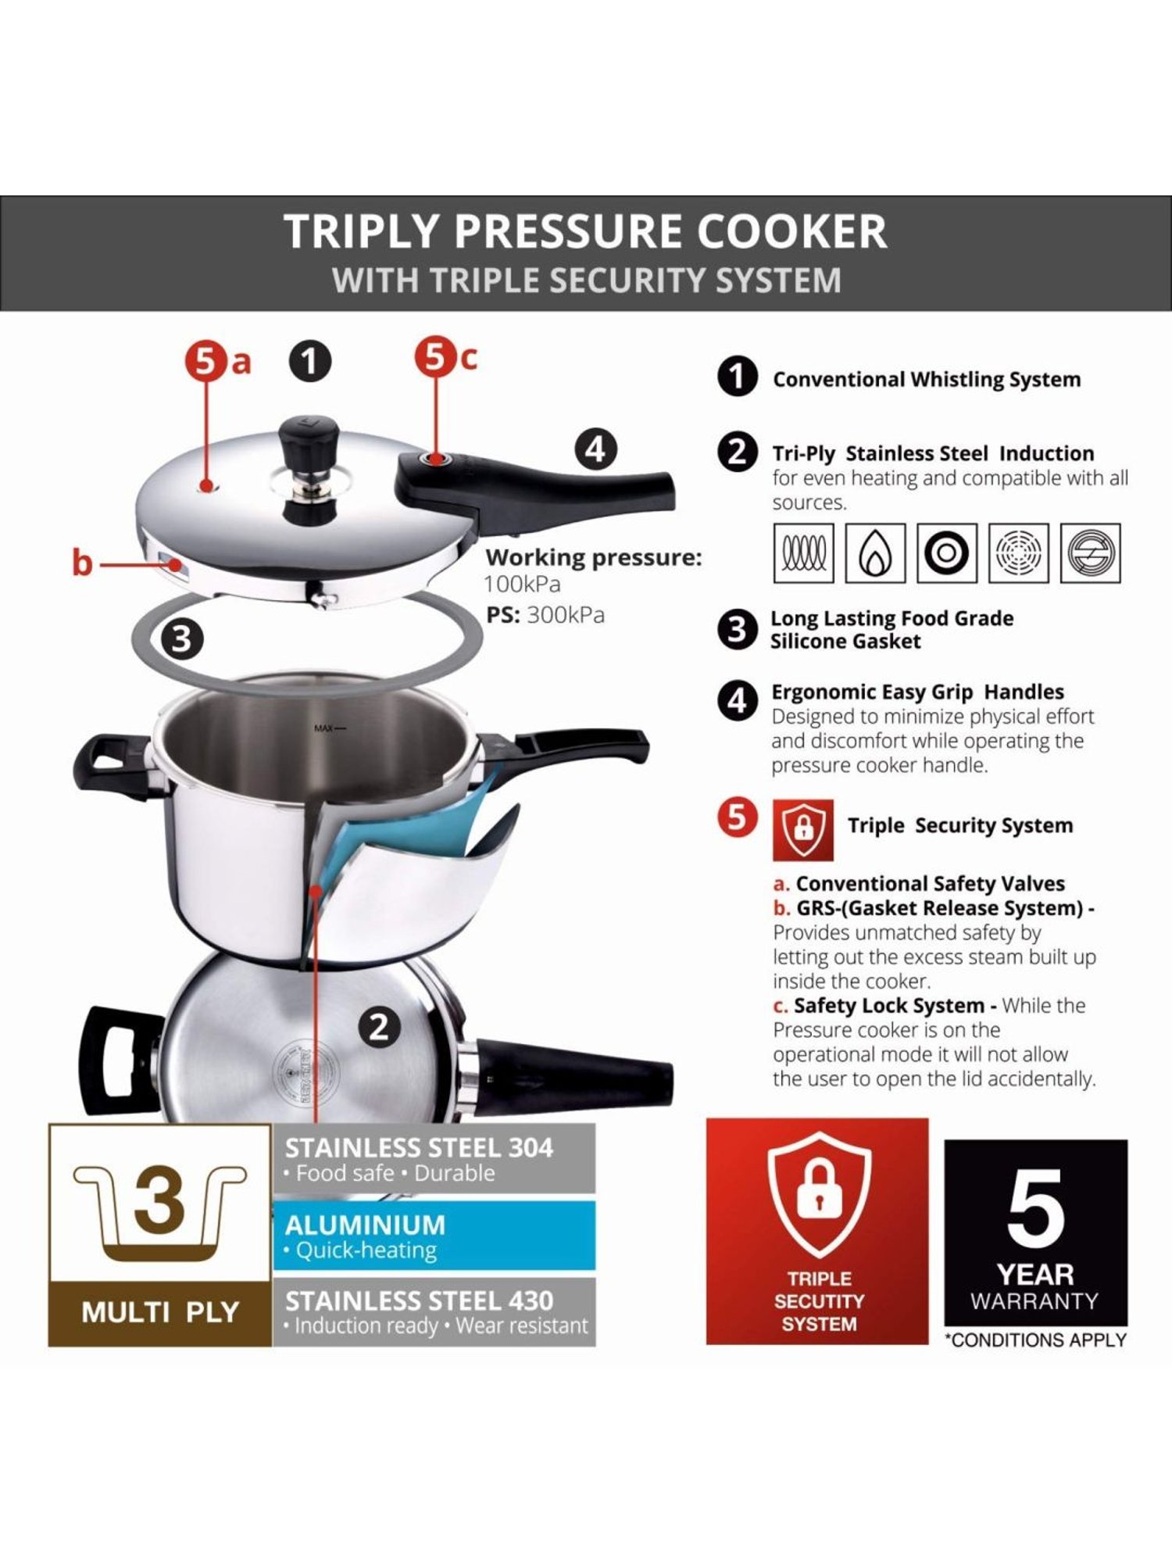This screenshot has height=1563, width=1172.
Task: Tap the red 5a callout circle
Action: coord(205,362)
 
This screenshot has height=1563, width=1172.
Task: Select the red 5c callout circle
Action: coord(434,357)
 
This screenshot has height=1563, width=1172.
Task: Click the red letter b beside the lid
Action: coord(82,563)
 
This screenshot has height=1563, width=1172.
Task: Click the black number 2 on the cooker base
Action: coord(379,1027)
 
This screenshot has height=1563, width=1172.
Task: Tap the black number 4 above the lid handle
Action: coord(595,449)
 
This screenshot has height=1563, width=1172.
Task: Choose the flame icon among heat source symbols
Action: coord(875,553)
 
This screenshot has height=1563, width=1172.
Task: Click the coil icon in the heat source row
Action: coord(803,553)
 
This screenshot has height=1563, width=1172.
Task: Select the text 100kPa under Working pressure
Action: coord(522,584)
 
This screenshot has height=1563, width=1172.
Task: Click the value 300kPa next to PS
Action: coord(566,615)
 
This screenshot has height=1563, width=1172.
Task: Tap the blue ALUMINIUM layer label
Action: coord(365,1225)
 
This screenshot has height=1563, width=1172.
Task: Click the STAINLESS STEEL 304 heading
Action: coord(419,1147)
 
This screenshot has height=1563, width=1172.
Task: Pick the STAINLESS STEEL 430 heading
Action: coord(419,1300)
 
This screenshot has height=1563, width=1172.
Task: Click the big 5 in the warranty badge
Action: coord(1035,1210)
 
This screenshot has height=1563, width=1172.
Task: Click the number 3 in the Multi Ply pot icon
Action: coord(159,1200)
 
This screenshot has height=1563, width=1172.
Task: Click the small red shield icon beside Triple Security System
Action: coord(803,829)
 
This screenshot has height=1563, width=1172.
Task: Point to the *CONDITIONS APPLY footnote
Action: coord(1035,1340)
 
